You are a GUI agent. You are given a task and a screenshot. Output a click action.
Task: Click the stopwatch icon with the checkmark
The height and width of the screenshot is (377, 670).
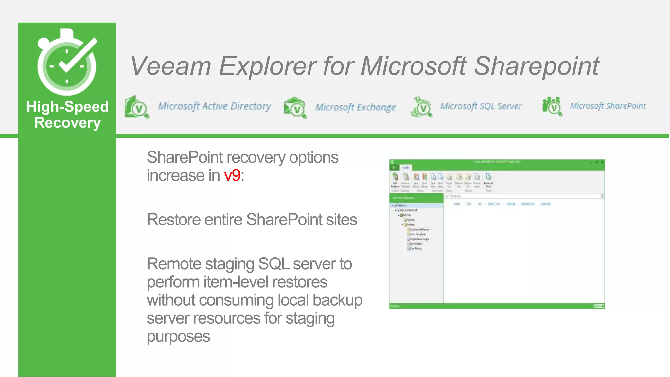click(x=67, y=62)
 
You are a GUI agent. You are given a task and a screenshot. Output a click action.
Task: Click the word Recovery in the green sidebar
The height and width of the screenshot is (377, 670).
click(x=67, y=123)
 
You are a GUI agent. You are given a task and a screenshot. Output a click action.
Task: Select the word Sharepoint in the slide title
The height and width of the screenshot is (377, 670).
click(x=537, y=66)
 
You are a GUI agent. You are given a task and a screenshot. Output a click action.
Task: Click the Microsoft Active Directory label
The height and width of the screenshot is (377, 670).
click(x=214, y=106)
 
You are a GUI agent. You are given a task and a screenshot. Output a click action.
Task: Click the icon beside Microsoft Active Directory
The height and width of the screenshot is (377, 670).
click(x=137, y=107)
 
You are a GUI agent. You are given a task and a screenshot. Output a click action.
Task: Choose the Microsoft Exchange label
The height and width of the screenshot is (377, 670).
click(x=355, y=107)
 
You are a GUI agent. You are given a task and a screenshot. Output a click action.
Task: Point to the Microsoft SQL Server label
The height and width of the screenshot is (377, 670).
click(x=481, y=106)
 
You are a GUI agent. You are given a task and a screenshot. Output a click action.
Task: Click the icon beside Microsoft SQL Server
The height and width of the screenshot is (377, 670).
click(x=422, y=107)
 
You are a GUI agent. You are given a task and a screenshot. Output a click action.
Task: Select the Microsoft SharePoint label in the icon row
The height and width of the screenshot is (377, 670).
click(x=608, y=106)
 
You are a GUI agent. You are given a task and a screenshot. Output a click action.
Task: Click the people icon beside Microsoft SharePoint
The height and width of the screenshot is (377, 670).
click(x=552, y=106)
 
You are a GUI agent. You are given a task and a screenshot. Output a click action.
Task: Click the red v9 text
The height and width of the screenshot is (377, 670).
click(x=232, y=176)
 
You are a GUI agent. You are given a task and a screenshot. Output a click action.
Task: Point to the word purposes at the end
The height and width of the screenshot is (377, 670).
click(x=178, y=337)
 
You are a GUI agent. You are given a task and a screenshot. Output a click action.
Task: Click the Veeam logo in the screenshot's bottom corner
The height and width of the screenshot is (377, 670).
click(x=599, y=306)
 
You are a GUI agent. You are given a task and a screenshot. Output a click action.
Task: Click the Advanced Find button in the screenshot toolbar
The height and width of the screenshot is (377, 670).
click(x=488, y=180)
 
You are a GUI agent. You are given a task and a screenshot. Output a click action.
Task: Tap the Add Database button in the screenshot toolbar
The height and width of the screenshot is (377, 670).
click(x=395, y=180)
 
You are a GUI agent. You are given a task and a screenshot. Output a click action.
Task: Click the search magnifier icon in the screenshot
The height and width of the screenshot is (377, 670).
click(x=602, y=196)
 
